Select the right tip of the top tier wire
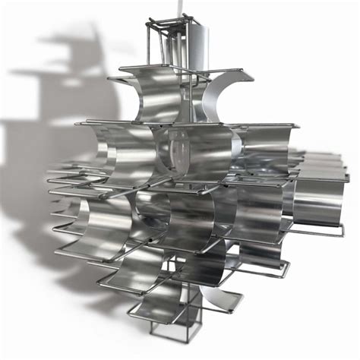tap(251, 74)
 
